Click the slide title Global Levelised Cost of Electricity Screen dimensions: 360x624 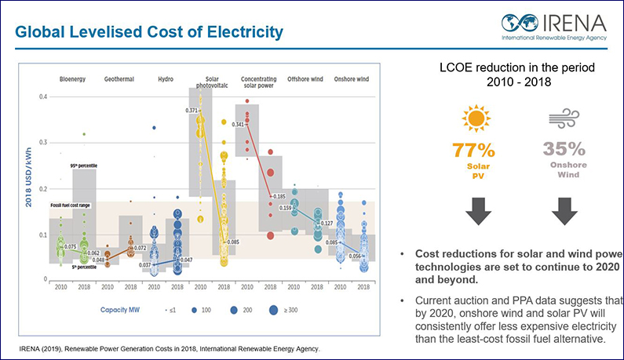[x=149, y=32]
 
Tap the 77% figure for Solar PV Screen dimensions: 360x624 [x=474, y=149]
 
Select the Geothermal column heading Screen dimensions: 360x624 [x=120, y=80]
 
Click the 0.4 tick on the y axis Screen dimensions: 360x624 [x=42, y=96]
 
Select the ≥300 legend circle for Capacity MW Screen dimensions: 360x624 [x=272, y=310]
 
